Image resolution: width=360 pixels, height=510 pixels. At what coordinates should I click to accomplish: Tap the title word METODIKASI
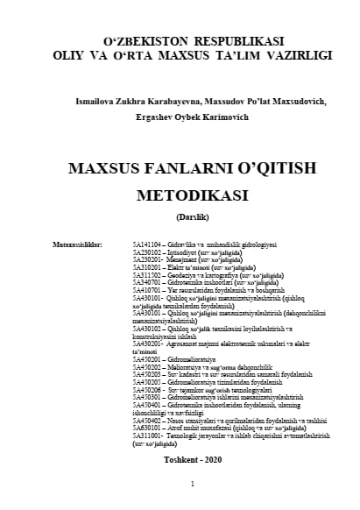click(x=180, y=195)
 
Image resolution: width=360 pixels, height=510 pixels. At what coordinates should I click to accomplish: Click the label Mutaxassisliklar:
click(x=77, y=243)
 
